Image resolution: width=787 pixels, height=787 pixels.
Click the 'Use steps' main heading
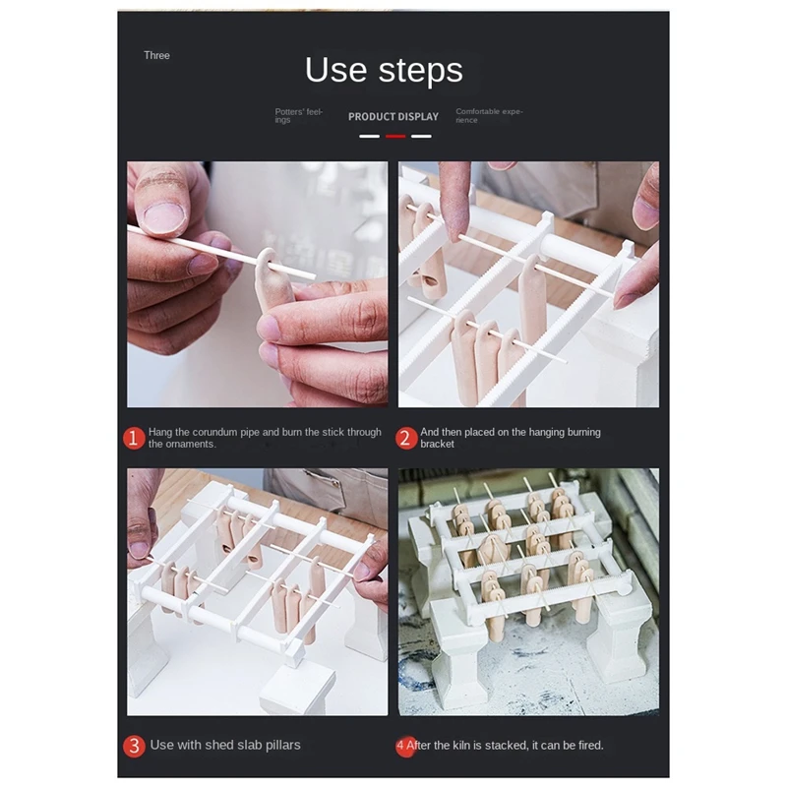click(x=384, y=70)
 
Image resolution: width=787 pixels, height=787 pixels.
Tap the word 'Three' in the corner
click(x=156, y=55)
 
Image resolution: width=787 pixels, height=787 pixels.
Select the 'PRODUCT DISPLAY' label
click(x=393, y=116)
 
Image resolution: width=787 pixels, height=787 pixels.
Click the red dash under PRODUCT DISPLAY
click(x=395, y=136)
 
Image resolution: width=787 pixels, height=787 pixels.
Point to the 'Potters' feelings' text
click(x=299, y=115)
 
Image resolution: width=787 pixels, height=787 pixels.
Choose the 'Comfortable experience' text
click(x=489, y=115)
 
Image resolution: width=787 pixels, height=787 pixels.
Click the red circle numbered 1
click(x=134, y=438)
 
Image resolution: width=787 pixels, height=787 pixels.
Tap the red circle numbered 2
click(x=406, y=438)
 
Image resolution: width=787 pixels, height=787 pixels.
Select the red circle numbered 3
click(x=134, y=746)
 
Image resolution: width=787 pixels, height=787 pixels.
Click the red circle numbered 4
click(x=405, y=746)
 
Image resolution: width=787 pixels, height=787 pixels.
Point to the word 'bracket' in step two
click(x=437, y=445)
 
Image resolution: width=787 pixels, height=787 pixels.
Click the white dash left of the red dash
click(x=370, y=136)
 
